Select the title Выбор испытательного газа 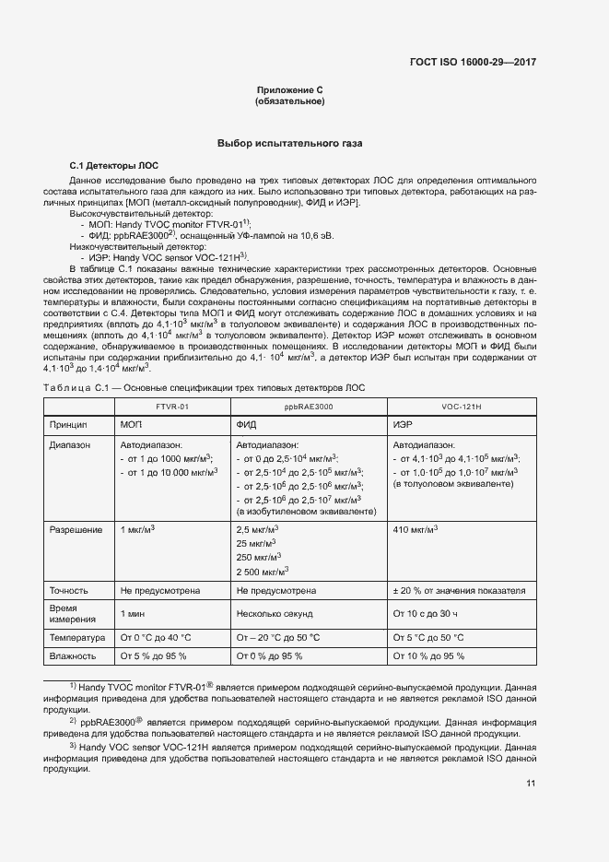[289, 144]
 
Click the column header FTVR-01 [171, 405]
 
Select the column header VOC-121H [462, 405]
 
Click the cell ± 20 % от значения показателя [459, 589]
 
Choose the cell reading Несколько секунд [277, 612]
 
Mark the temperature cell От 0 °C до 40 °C [156, 636]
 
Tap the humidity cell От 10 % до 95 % [428, 655]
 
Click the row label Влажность [74, 655]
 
